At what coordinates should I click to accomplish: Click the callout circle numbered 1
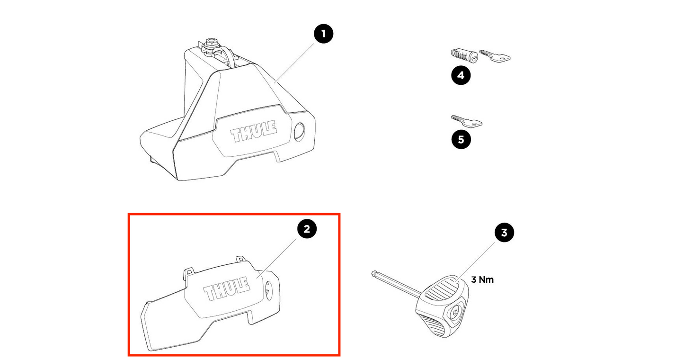(x=323, y=34)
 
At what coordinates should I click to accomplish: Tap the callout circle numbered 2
(x=307, y=229)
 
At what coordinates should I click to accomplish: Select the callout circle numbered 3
(x=504, y=233)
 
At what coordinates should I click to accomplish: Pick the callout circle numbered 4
(x=461, y=75)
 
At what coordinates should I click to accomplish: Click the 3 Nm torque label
(x=482, y=279)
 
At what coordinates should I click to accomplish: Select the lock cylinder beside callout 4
(x=464, y=55)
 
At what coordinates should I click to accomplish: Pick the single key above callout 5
(x=466, y=122)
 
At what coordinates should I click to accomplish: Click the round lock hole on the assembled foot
(x=300, y=132)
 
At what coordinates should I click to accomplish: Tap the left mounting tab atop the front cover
(x=189, y=270)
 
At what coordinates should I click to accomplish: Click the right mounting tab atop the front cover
(x=241, y=259)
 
